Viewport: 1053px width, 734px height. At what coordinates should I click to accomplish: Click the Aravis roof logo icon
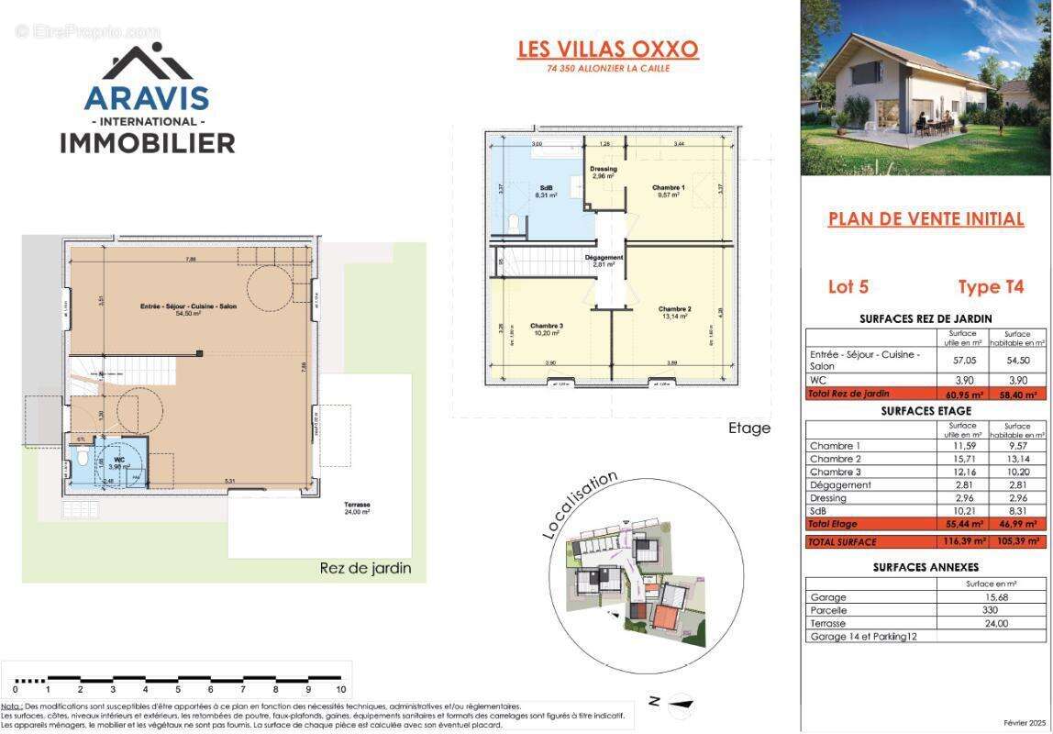[x=147, y=62]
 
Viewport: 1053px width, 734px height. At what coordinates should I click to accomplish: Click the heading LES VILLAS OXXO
[x=608, y=49]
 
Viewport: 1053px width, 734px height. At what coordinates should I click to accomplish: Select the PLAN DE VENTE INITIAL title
[x=926, y=218]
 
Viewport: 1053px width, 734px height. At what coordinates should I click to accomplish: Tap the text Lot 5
[x=848, y=287]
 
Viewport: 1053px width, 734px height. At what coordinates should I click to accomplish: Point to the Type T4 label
[x=991, y=287]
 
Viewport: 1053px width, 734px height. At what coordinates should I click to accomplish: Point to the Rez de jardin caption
[x=365, y=568]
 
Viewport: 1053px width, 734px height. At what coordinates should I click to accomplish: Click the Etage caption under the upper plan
[x=748, y=428]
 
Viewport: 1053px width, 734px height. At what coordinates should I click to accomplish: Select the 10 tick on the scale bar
[x=340, y=689]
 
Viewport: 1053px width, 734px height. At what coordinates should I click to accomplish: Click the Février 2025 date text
[x=1025, y=723]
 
